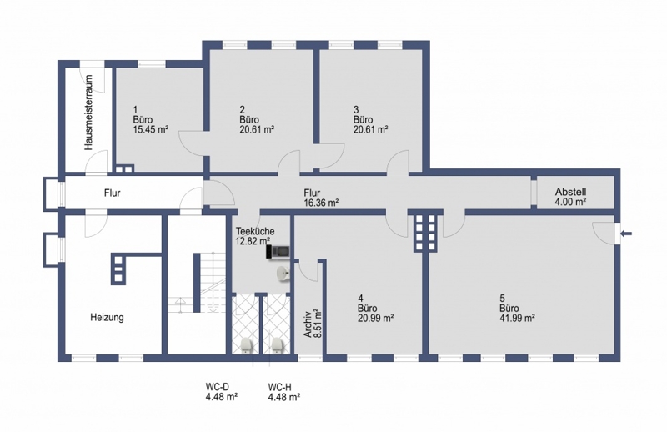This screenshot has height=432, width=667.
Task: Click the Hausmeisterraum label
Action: pyautogui.click(x=88, y=113)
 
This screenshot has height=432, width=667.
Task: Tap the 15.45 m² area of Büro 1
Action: pyautogui.click(x=151, y=129)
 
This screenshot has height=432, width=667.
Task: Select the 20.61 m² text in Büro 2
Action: pyautogui.click(x=257, y=129)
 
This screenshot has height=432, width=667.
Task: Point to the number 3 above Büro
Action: pyautogui.click(x=356, y=109)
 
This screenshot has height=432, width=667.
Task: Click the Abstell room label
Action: pyautogui.click(x=570, y=192)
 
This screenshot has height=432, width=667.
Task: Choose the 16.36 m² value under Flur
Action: pyautogui.click(x=321, y=203)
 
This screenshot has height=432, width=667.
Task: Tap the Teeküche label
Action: pyautogui.click(x=255, y=231)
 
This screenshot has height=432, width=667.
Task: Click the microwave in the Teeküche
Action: pyautogui.click(x=278, y=252)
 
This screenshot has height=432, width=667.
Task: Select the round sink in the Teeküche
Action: pyautogui.click(x=283, y=274)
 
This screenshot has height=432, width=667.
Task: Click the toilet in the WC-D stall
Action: pyautogui.click(x=246, y=344)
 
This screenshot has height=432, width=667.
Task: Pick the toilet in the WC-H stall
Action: pyautogui.click(x=278, y=344)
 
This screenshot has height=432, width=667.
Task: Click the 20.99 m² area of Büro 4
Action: pyautogui.click(x=376, y=318)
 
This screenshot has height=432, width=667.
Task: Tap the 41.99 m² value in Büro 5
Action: pyautogui.click(x=517, y=318)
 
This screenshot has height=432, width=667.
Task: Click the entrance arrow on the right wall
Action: pyautogui.click(x=627, y=234)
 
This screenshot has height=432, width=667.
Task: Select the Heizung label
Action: pyautogui.click(x=107, y=318)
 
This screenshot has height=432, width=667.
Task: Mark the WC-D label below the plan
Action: pyautogui.click(x=218, y=387)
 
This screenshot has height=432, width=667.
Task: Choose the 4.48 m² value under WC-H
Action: pyautogui.click(x=284, y=398)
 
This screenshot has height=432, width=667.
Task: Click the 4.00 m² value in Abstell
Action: pyautogui.click(x=570, y=202)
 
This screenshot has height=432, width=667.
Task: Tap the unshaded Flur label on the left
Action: pyautogui.click(x=113, y=193)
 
